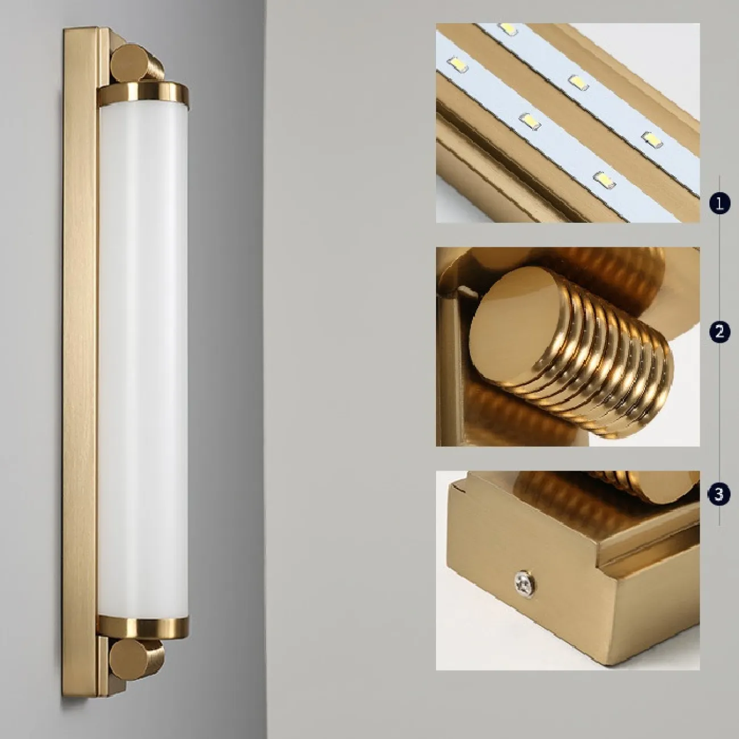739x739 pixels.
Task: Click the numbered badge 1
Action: click(720, 204)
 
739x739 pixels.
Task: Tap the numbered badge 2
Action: click(720, 331)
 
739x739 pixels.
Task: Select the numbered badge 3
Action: click(720, 495)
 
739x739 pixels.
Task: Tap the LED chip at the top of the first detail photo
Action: click(508, 28)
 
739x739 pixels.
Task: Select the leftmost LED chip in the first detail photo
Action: click(458, 63)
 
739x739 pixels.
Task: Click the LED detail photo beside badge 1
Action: click(567, 123)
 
